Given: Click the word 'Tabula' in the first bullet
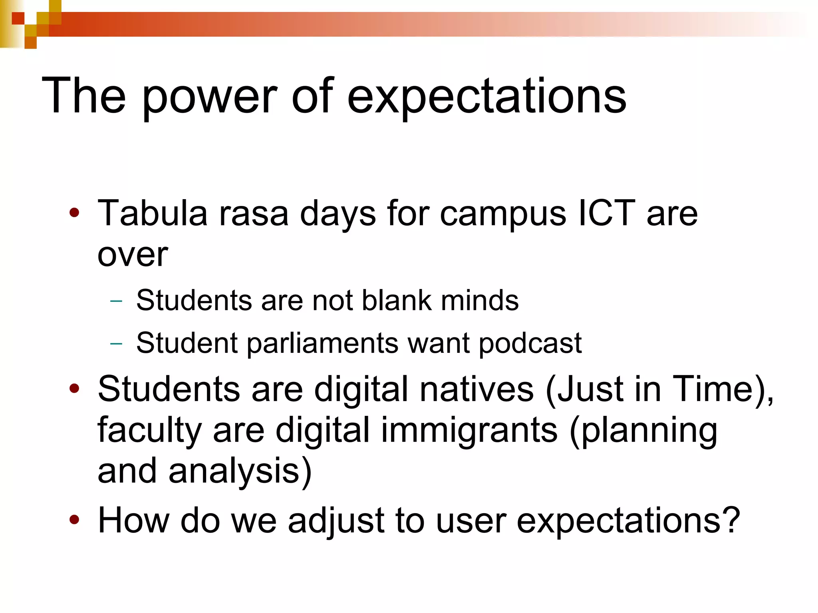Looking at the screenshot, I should tap(152, 214).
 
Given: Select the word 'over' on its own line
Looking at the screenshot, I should tap(133, 255).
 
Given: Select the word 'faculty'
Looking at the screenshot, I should tap(149, 431).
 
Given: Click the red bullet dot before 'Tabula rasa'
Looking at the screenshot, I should tap(74, 213).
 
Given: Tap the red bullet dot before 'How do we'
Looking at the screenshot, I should tap(74, 520).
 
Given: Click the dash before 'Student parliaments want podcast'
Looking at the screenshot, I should tap(116, 343).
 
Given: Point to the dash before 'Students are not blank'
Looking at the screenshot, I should tap(116, 301).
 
